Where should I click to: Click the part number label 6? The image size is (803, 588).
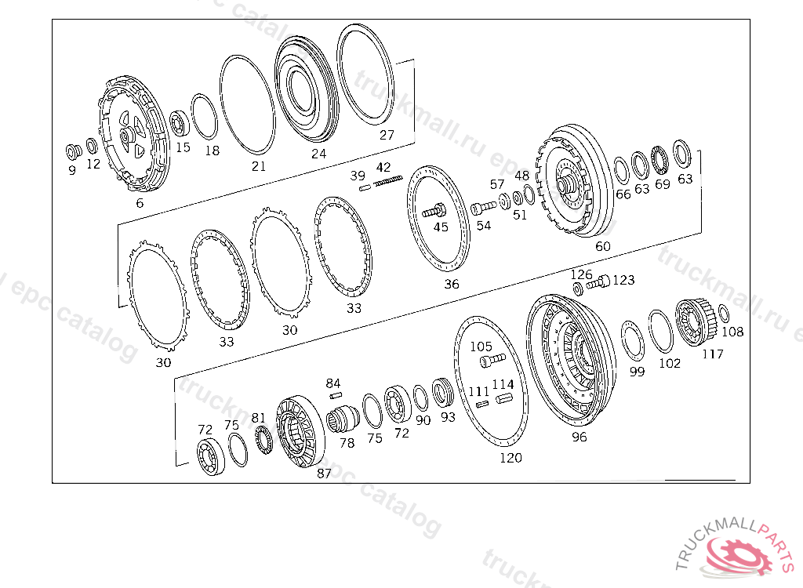pos(140,203)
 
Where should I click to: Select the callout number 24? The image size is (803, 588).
pos(318,154)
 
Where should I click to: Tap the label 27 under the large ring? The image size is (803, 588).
pos(387,134)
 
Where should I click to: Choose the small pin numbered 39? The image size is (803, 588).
pos(365,187)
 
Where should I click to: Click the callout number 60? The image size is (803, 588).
pos(602,246)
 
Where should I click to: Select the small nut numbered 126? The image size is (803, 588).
pos(578,289)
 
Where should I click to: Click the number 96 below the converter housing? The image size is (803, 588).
pos(579,437)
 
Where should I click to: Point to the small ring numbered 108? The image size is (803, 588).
pos(723,314)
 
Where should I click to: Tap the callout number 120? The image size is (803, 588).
pos(511,458)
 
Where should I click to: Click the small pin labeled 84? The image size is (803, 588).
pos(334,395)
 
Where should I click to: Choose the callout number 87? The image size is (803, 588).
pos(324,474)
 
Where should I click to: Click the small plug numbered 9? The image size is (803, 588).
pos(74,150)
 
